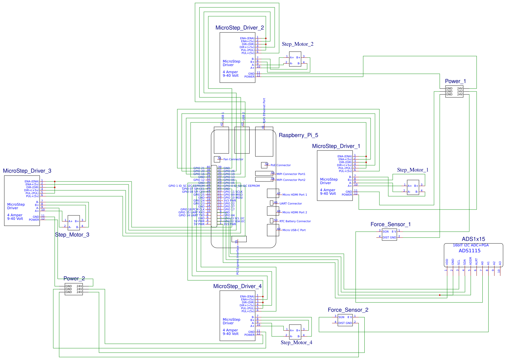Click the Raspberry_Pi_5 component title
[x=298, y=135]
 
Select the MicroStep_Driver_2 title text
[x=240, y=28]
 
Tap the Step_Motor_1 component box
[x=413, y=187]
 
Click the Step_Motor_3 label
[x=72, y=235]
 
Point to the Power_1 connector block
[x=454, y=91]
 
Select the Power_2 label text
[x=74, y=279]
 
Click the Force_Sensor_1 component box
[x=389, y=235]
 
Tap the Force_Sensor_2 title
[x=348, y=310]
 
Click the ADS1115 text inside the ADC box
[x=469, y=251]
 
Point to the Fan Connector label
[x=233, y=159]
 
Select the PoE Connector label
[x=281, y=165]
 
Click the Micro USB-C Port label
[x=294, y=230]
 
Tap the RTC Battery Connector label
[x=295, y=221]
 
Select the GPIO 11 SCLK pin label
[x=233, y=192]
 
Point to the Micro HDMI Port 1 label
[x=294, y=195]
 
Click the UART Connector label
[x=291, y=204]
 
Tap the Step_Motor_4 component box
[x=295, y=332]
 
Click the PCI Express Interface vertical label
[x=238, y=260]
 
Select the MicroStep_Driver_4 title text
[x=237, y=286]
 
